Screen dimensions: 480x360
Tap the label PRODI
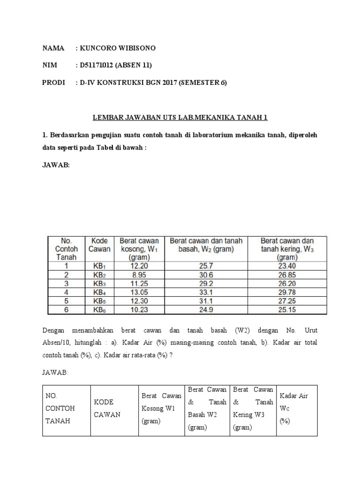pos(53,83)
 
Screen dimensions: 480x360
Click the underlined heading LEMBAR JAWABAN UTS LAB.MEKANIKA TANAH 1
pos(180,117)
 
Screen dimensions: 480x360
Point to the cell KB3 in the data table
pos(99,284)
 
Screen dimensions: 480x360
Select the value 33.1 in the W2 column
pos(206,292)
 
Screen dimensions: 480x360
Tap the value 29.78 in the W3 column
pos(287,292)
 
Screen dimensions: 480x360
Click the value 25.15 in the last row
pos(287,309)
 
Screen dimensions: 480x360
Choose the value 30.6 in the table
pos(206,275)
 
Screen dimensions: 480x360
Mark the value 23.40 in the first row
pos(287,265)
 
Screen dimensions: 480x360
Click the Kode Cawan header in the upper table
pos(99,245)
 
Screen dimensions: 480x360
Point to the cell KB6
pos(99,309)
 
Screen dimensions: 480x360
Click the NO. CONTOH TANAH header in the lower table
pos(60,408)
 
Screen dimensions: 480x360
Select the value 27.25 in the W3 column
pos(287,301)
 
